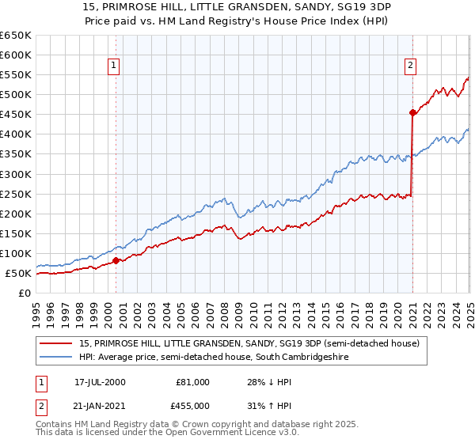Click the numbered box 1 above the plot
[x=115, y=66]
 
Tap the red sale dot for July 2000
[x=116, y=260]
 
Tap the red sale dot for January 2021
[x=412, y=112]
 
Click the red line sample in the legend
[x=56, y=343]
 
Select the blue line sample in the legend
[x=56, y=358]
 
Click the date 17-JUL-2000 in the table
[x=100, y=382]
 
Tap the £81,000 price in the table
[x=190, y=382]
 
